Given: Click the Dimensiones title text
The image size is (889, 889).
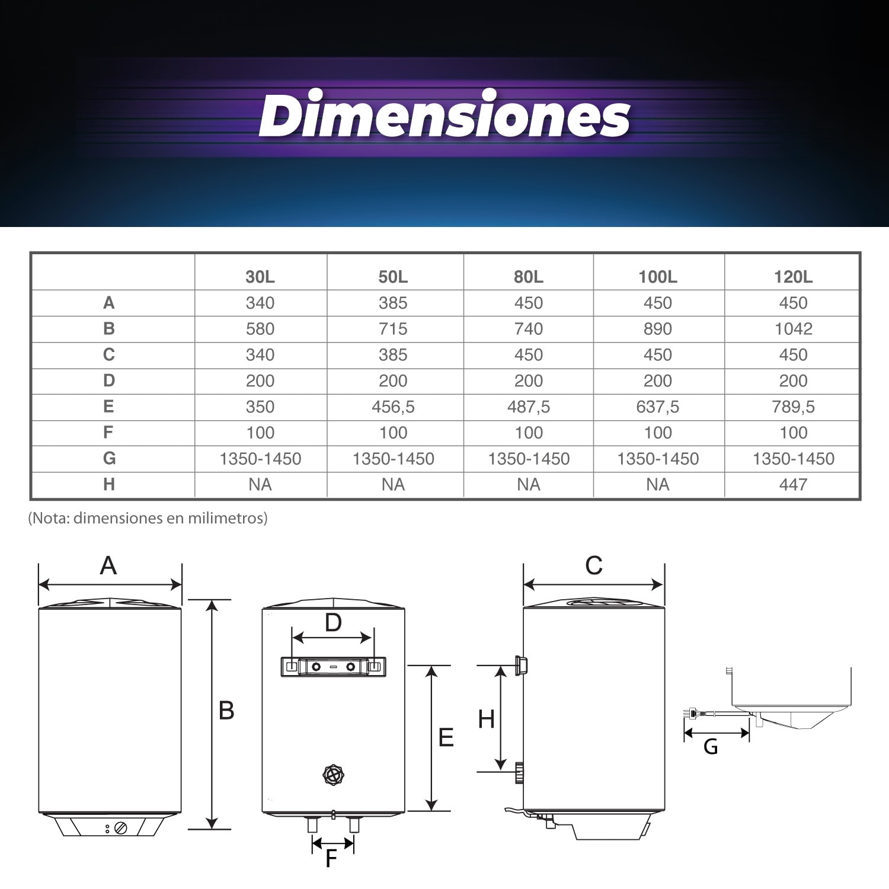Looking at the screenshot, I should [444, 114].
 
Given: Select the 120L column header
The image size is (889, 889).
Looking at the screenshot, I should [793, 277].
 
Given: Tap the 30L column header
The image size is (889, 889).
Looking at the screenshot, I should [260, 277].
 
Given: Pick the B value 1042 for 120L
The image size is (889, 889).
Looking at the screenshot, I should [793, 329].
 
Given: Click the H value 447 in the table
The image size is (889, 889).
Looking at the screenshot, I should [793, 485].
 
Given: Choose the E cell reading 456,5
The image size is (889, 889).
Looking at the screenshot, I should [393, 407].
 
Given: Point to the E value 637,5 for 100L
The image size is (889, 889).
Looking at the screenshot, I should [658, 407].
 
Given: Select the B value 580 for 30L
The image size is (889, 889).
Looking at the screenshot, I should [260, 329].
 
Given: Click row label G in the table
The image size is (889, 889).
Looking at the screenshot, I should [109, 458].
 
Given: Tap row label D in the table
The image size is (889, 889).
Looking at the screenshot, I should [109, 380].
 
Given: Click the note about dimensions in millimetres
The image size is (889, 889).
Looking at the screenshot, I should [148, 518].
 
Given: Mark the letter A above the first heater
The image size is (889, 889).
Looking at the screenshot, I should [108, 566].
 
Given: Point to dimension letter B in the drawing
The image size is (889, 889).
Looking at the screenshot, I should [226, 711].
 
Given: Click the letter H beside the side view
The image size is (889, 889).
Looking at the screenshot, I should [486, 719].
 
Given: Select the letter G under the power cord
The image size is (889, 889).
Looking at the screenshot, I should [711, 747].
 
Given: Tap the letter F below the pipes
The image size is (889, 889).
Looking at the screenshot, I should [331, 858].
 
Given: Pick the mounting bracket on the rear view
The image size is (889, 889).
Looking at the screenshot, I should [333, 667].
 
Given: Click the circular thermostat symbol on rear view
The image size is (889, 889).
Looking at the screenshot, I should [333, 775].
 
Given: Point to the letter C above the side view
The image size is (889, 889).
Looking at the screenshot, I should [594, 566].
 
